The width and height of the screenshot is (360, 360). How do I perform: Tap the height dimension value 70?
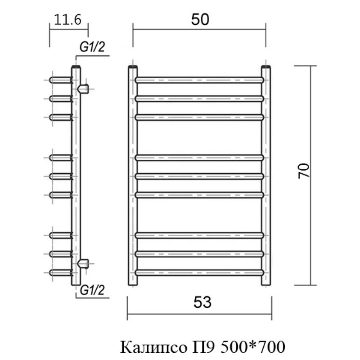(x=305, y=171)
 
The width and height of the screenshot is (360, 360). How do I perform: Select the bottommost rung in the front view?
(x=199, y=272)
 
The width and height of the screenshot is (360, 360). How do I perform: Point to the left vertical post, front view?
(x=133, y=175)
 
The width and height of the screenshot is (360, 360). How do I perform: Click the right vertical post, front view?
(x=266, y=175)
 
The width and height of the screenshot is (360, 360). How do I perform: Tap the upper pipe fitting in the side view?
(x=83, y=88)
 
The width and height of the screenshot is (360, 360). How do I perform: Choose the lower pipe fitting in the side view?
(x=83, y=262)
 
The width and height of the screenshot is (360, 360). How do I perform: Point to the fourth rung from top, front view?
(x=199, y=157)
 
